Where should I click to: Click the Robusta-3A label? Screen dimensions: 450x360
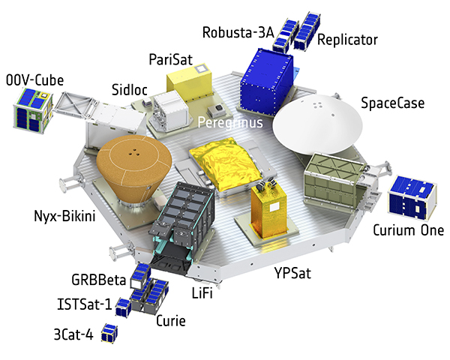(238, 32)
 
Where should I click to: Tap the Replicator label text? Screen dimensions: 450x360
(347, 40)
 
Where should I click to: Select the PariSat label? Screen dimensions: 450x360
(171, 60)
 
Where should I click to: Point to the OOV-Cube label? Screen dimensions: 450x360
(34, 80)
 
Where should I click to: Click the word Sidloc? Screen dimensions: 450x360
(130, 90)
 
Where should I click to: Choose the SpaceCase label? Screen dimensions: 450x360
(392, 103)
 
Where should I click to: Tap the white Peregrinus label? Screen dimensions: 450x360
(230, 123)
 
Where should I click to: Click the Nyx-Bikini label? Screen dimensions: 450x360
(64, 216)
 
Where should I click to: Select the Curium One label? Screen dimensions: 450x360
(408, 230)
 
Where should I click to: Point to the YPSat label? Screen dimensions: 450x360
(292, 273)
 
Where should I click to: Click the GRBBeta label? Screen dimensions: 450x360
(99, 280)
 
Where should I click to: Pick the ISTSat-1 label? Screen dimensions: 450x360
(84, 304)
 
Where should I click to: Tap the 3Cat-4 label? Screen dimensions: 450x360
(73, 334)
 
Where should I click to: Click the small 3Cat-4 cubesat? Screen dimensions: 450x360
(109, 333)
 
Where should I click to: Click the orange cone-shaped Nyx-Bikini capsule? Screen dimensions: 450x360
(134, 169)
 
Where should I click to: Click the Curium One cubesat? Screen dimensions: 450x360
(412, 198)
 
